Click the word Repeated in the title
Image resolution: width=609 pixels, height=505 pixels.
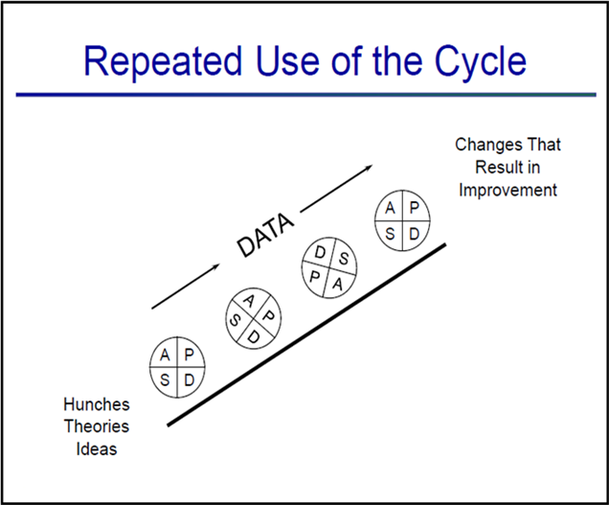pos(163,61)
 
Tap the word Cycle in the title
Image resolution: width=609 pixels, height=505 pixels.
pos(480,61)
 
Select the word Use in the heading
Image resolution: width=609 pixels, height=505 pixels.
pos(287,61)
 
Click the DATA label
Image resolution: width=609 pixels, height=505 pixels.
pos(265,235)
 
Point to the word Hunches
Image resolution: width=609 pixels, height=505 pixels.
pos(97,404)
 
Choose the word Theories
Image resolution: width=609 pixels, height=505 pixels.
pos(97,426)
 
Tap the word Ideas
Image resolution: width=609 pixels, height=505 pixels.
pos(97,449)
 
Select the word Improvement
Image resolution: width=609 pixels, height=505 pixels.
pos(508,190)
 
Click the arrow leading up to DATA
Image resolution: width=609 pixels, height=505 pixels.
pos(186,287)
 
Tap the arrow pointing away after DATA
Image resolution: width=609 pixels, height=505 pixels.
pos(337,189)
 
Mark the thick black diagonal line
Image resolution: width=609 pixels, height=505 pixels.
pos(306,334)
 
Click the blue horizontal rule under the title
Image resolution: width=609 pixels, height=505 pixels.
pos(306,95)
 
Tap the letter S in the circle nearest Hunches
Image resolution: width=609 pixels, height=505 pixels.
pos(165,379)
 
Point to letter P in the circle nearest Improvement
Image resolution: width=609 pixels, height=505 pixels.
pos(415,208)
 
